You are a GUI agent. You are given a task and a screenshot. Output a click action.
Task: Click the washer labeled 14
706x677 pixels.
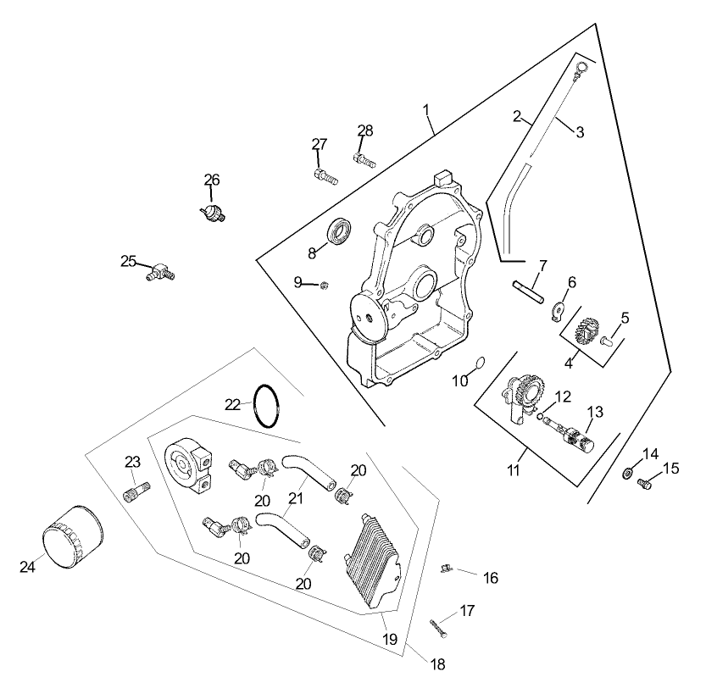pyautogui.click(x=630, y=471)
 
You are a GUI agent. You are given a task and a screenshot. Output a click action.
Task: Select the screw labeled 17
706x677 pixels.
pyautogui.click(x=438, y=628)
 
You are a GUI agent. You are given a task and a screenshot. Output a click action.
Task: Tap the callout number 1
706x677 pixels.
pyautogui.click(x=426, y=110)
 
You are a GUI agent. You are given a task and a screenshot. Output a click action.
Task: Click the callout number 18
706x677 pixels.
pyautogui.click(x=437, y=664)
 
